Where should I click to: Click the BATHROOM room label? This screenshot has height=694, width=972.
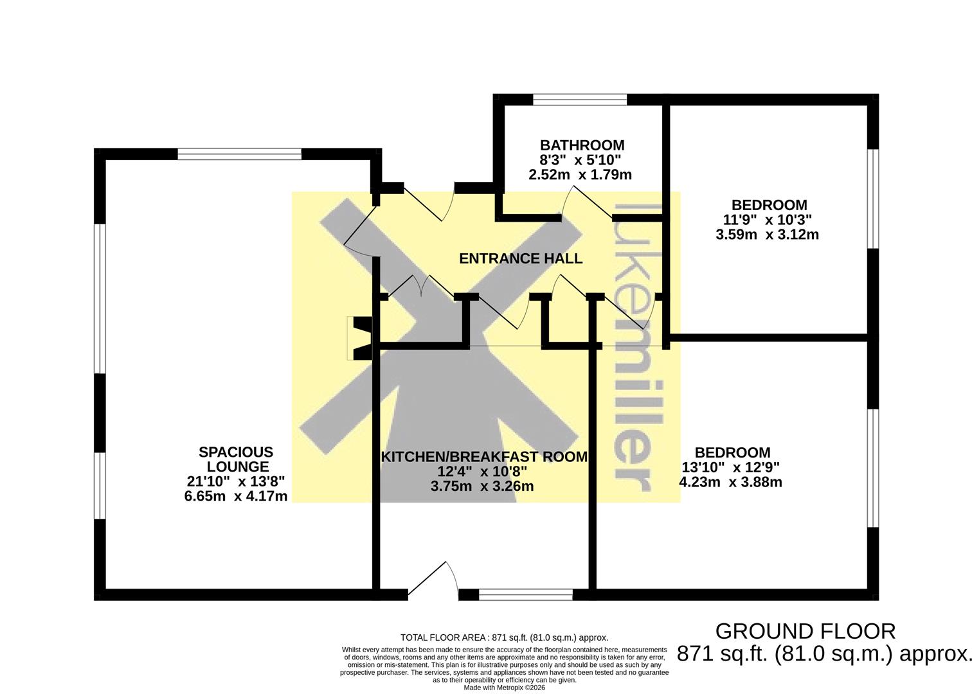pos(582,145)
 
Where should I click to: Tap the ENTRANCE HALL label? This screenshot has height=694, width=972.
pos(521,258)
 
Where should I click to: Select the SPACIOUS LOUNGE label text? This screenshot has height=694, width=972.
pos(237,459)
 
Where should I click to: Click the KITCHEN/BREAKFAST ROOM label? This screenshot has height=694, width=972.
pos(484,457)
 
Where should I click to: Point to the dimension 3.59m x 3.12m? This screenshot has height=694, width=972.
pos(767,235)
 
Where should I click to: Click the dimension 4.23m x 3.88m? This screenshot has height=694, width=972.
pos(731,482)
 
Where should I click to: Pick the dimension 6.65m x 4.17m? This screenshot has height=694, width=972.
pos(236,496)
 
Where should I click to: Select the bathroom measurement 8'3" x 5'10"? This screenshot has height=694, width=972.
pos(580,160)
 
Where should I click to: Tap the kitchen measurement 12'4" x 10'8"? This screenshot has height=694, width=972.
pos(482,471)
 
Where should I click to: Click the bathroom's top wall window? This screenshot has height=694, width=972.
pos(580,100)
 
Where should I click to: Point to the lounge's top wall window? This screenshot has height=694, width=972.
pos(240,154)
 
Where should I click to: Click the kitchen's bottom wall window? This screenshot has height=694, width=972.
pos(526,594)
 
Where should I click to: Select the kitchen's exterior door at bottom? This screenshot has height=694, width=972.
pos(433,580)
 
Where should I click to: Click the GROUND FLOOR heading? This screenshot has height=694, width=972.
pos(806,632)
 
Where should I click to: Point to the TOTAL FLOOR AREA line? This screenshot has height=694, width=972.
pos(504,637)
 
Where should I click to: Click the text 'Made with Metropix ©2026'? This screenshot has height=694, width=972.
pos(504,688)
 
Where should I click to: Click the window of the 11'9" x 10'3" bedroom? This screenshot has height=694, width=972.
pos(873,199)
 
